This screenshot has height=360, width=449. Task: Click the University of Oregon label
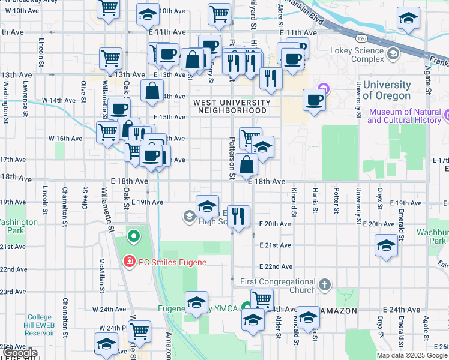pyautogui.click(x=387, y=90)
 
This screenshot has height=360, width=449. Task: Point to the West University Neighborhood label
pyautogui.click(x=231, y=106)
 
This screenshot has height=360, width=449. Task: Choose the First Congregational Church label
pyautogui.click(x=277, y=286)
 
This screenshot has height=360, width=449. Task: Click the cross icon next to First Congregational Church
pyautogui.click(x=325, y=284)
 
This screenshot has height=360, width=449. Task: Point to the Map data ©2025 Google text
pyautogui.click(x=412, y=355)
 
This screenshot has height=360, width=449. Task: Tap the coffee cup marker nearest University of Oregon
pyautogui.click(x=314, y=100)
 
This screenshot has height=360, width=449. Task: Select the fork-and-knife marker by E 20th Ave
pyautogui.click(x=238, y=216)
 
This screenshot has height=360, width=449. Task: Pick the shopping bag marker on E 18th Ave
pyautogui.click(x=246, y=163)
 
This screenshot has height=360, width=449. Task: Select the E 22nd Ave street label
pyautogui.click(x=275, y=266)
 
